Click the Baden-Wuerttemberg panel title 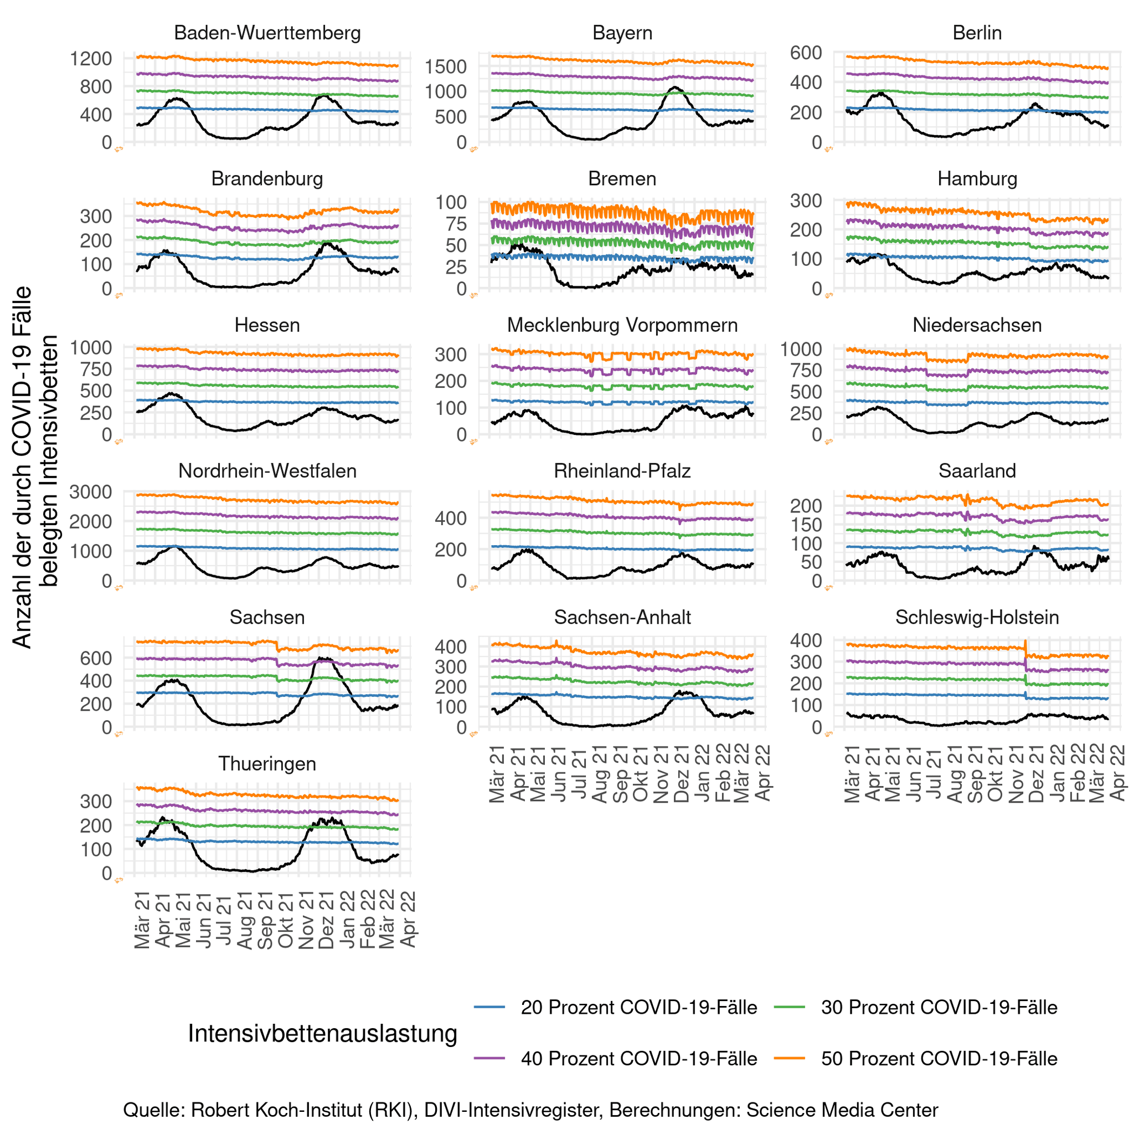tap(267, 33)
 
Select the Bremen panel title tap(622, 178)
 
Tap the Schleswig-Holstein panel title tap(977, 617)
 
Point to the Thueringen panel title tap(267, 763)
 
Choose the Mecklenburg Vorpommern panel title tap(622, 325)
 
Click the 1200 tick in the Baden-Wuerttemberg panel tap(91, 59)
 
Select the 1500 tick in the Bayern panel tap(446, 66)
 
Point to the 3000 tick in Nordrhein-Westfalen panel tap(91, 491)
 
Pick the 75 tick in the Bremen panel tap(451, 224)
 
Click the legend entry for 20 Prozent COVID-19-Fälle tap(638, 1007)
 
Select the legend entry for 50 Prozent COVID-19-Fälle tap(939, 1058)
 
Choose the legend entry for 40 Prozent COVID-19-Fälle tap(638, 1058)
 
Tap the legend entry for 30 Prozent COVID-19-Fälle tap(939, 1007)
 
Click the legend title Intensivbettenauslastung tap(322, 1033)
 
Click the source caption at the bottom tap(530, 1110)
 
